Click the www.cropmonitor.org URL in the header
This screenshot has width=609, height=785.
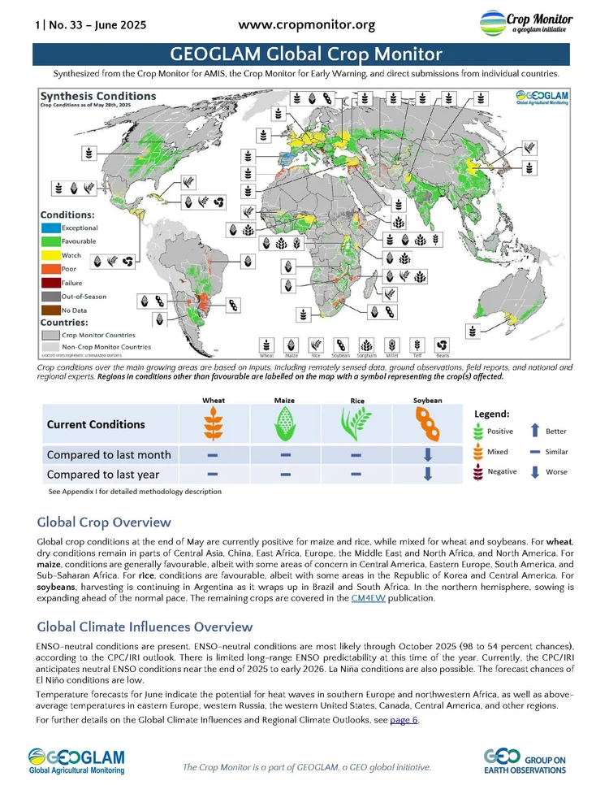pyautogui.click(x=306, y=24)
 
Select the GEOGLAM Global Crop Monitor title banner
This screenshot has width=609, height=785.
pyautogui.click(x=306, y=54)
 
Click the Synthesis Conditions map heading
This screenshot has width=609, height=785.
pyautogui.click(x=99, y=96)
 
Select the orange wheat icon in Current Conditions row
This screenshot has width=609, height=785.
pyautogui.click(x=214, y=424)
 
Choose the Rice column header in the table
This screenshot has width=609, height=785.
pyautogui.click(x=356, y=401)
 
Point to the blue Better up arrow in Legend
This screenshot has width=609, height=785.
pyautogui.click(x=534, y=432)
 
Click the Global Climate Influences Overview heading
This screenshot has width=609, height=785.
pyautogui.click(x=145, y=627)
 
